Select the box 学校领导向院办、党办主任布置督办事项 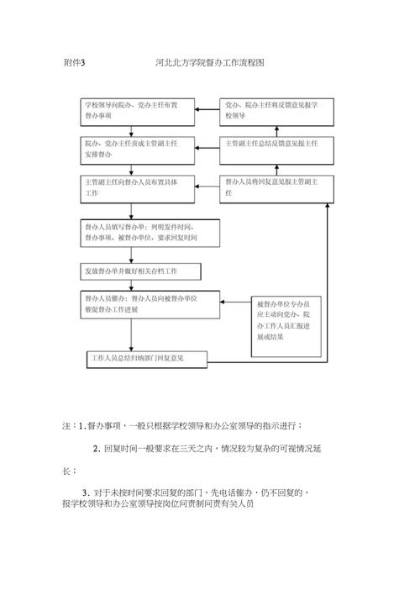click(x=138, y=111)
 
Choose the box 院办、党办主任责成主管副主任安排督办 click(x=138, y=149)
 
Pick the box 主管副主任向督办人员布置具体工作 click(x=138, y=187)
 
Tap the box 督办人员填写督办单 click(x=150, y=233)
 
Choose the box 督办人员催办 click(x=150, y=303)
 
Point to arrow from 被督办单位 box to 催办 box click(x=236, y=303)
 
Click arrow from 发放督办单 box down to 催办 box click(x=130, y=285)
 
